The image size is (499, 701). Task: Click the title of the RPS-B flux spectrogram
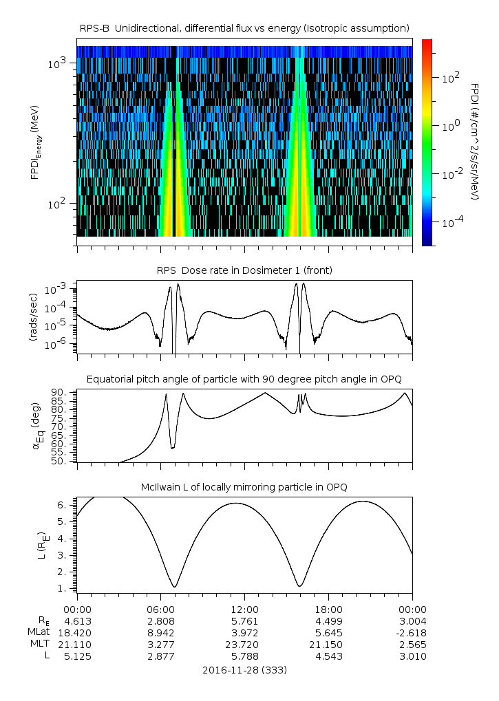(x=244, y=28)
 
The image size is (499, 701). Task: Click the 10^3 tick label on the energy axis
(x=57, y=64)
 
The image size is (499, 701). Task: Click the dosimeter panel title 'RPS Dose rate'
(x=244, y=270)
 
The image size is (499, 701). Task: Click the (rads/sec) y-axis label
(x=33, y=317)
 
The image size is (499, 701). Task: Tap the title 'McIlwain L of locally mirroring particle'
(x=244, y=487)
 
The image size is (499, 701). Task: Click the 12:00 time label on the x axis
(x=244, y=609)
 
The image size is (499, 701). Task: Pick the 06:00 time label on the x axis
(x=160, y=609)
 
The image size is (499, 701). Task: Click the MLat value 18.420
(x=77, y=632)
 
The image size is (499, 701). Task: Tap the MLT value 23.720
(x=244, y=645)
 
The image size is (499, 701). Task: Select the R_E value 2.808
(x=160, y=621)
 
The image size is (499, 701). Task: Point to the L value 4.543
(x=328, y=656)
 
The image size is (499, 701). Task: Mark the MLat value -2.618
(x=411, y=632)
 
